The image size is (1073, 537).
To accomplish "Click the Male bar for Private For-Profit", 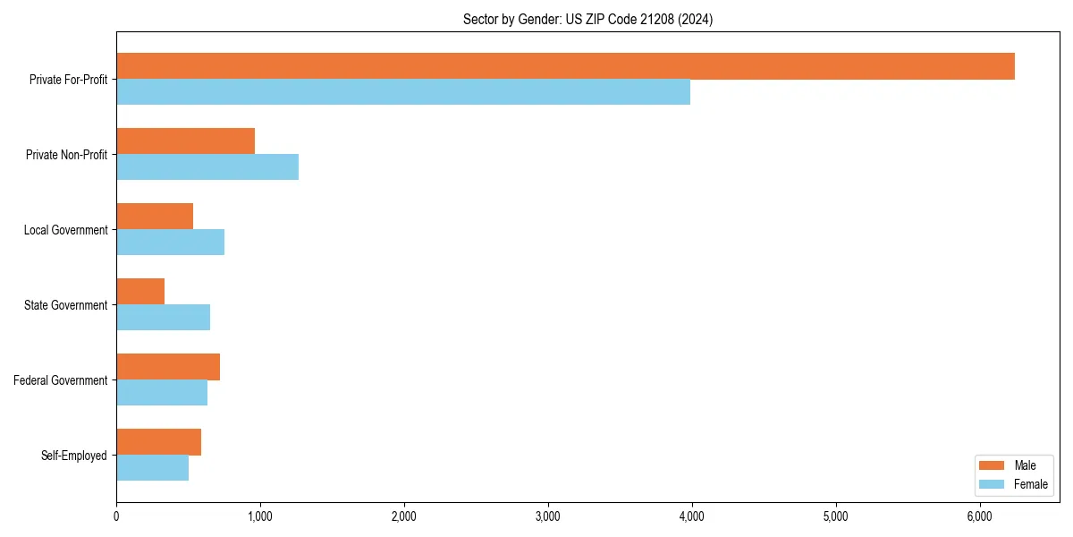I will click(565, 66).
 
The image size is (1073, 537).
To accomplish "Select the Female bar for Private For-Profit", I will click(403, 92).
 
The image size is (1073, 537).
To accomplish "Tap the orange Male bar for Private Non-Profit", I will click(185, 141).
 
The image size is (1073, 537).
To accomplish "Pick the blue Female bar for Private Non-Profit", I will click(207, 167).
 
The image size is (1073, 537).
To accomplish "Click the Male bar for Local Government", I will click(155, 217).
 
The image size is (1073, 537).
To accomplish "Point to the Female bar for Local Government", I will click(170, 243).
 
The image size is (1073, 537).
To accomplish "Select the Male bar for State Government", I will click(140, 292).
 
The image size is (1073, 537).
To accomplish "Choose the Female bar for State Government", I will click(163, 318).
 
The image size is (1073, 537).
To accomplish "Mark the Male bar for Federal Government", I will click(168, 367).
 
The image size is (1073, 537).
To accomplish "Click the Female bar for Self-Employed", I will click(152, 468).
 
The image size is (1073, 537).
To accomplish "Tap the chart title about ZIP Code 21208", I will click(587, 19).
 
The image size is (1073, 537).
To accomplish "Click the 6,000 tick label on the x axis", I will click(979, 516).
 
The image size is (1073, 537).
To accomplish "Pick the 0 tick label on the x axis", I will click(116, 516).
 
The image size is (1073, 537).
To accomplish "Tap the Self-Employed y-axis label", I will click(73, 456).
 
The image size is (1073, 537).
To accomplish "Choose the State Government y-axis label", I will click(65, 305).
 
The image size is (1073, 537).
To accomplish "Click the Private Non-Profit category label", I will click(66, 155).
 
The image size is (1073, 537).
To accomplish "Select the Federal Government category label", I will click(60, 380).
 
